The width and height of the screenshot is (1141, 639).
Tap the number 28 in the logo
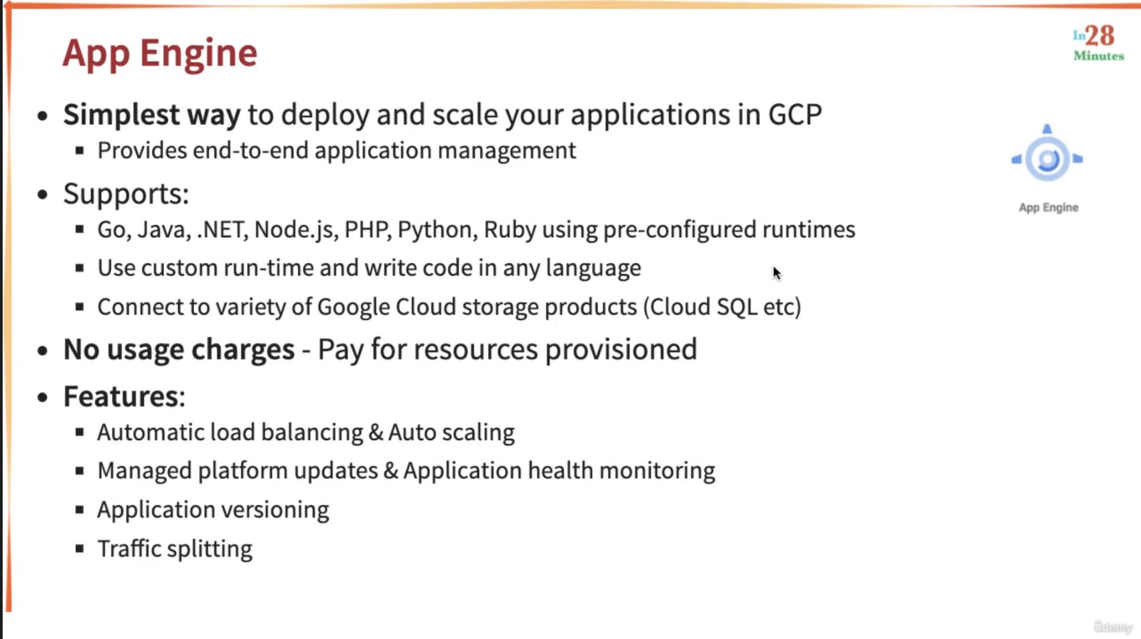tap(1099, 36)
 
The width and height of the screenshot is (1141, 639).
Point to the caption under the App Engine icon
tap(1049, 208)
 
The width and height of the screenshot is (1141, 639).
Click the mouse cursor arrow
tap(777, 273)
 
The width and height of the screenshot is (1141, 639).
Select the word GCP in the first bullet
tap(795, 114)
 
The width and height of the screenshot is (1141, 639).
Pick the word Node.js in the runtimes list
tap(296, 230)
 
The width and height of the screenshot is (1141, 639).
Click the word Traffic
tap(129, 549)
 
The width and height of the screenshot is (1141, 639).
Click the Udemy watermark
tap(1112, 626)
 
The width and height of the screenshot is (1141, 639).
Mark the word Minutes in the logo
tap(1099, 56)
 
